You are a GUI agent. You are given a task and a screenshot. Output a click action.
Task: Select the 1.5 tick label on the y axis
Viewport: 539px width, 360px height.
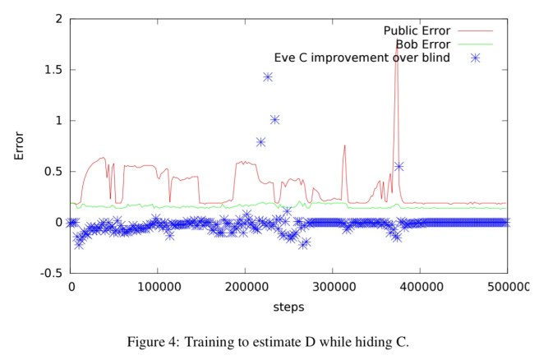[53, 70]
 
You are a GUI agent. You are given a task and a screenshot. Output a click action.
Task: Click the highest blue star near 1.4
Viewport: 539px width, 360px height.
[268, 77]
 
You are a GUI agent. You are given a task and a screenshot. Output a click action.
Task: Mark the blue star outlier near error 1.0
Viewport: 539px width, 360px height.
[274, 119]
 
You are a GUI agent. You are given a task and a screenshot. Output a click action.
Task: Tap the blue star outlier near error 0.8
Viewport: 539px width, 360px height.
[260, 142]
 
